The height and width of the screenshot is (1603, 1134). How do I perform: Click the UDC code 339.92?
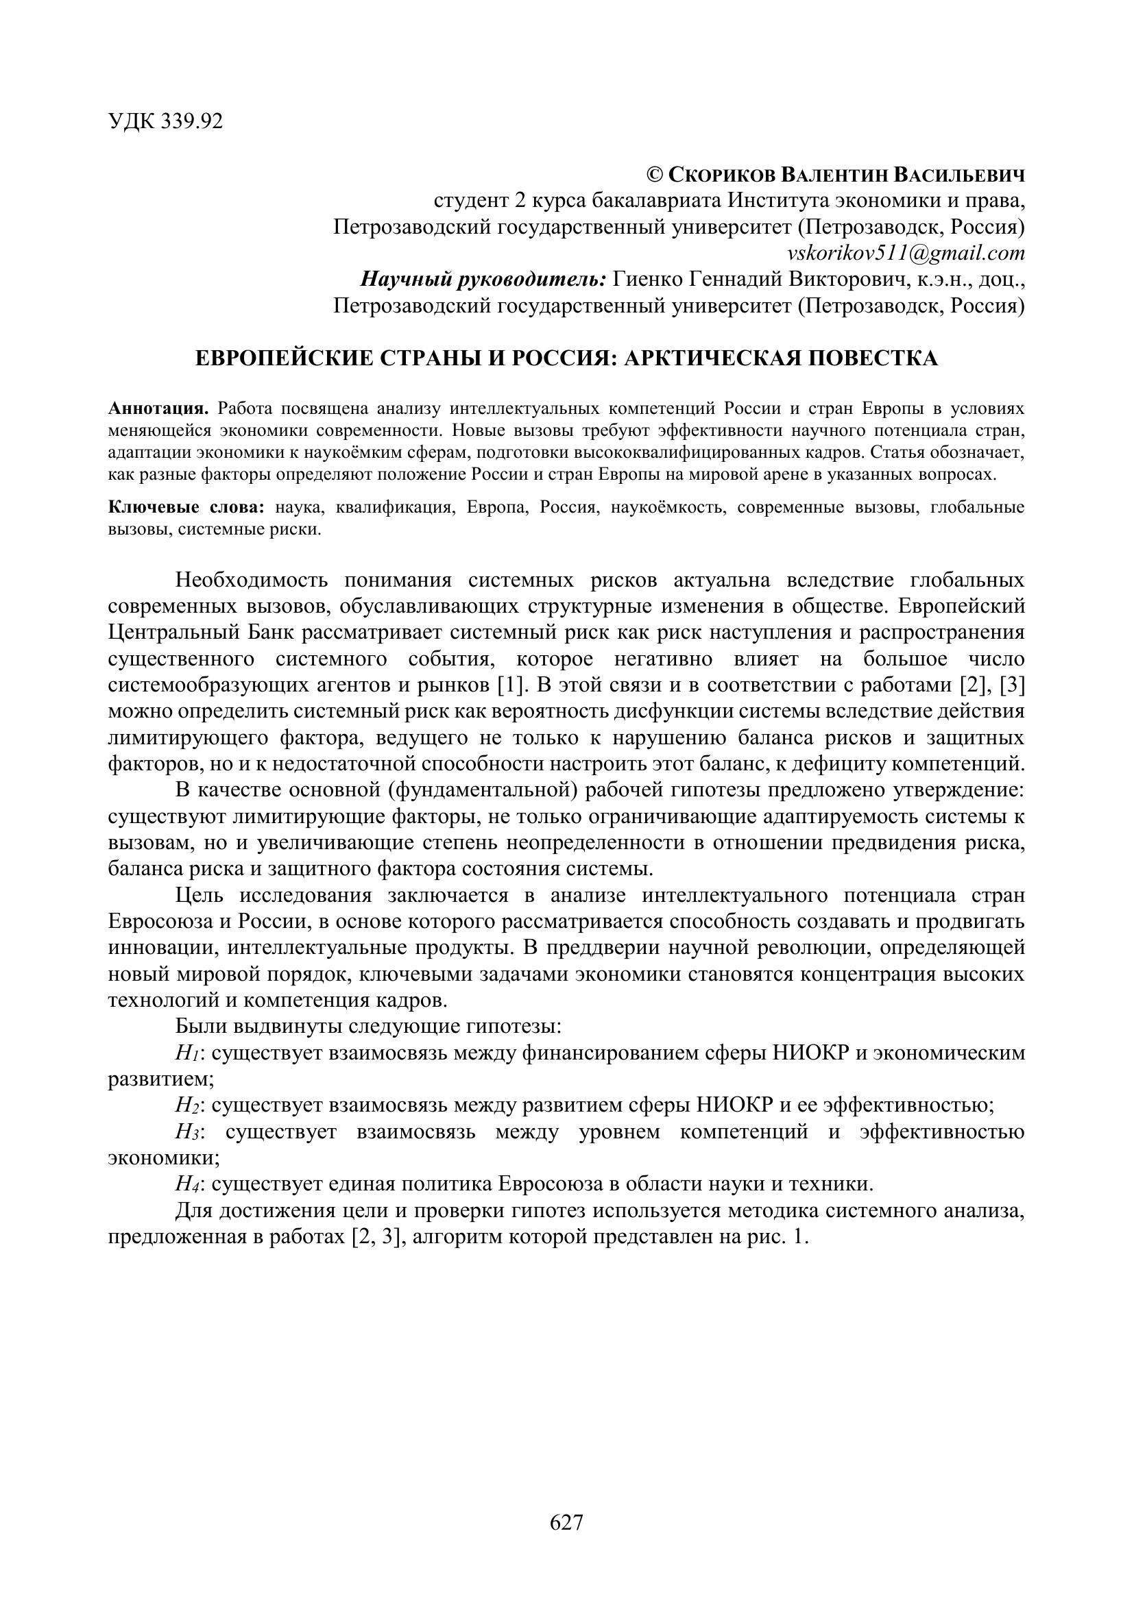pos(191,121)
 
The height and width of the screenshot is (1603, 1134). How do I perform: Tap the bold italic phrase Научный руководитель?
pos(483,279)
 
